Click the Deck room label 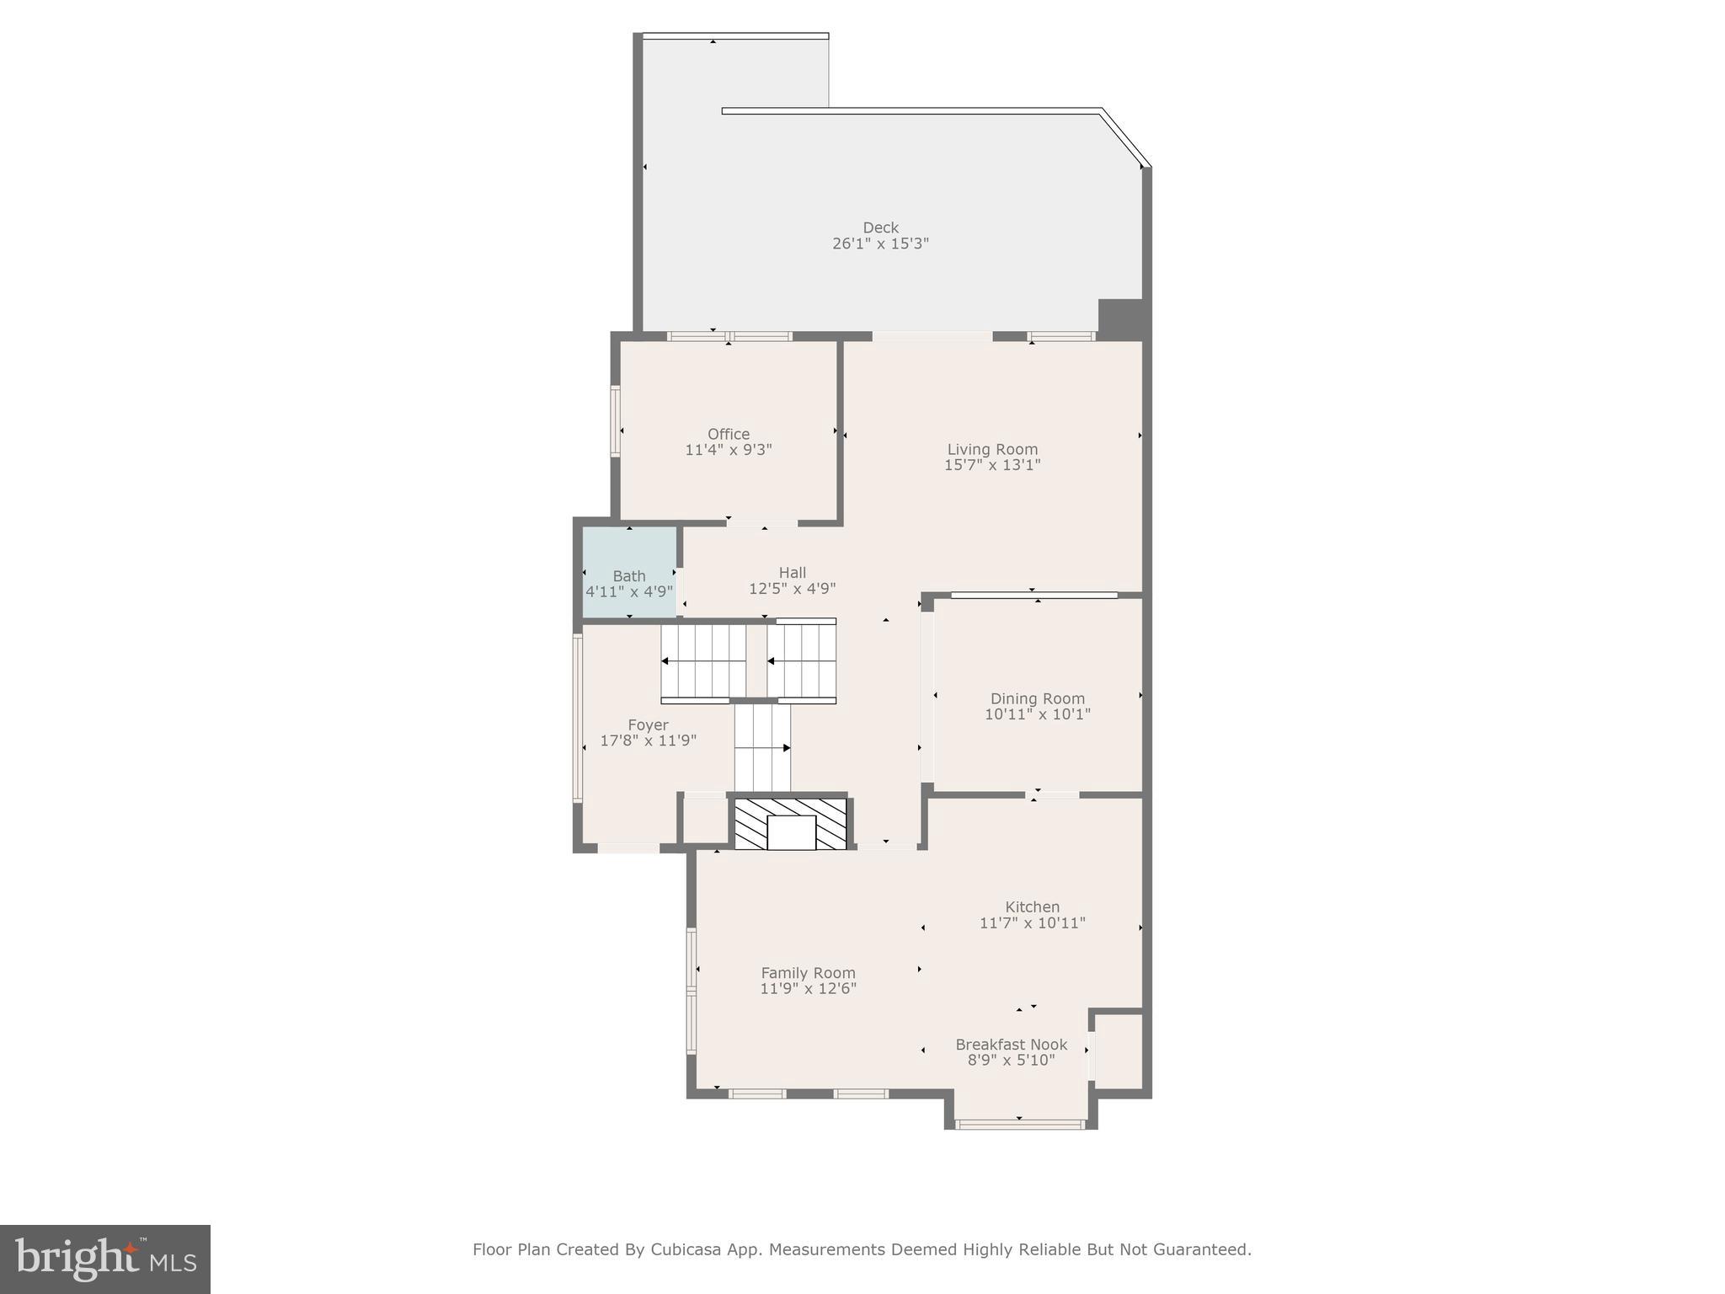[880, 227]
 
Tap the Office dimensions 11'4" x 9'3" [728, 450]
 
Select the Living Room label [992, 449]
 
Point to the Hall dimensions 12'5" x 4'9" [792, 589]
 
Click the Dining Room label [1037, 698]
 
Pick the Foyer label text [648, 725]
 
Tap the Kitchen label [1032, 906]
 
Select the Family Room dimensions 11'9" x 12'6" [808, 988]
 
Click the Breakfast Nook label [1011, 1045]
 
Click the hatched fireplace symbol [790, 824]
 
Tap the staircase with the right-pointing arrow [762, 747]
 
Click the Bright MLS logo [105, 1259]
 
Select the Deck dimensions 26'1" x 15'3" [880, 243]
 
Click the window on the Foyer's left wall [578, 717]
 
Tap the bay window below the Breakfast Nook [1019, 1123]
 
